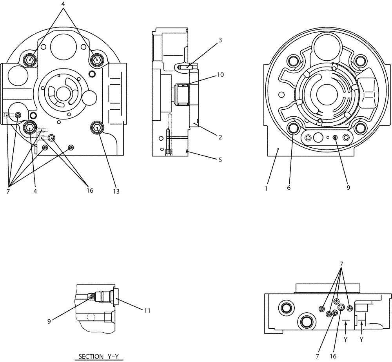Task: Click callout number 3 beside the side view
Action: pos(221,40)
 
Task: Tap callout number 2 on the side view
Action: pos(220,137)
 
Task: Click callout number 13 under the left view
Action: pos(116,192)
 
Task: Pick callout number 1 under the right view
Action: pos(266,188)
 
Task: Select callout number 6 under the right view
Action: pos(289,188)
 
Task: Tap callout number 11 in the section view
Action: pos(147,311)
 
